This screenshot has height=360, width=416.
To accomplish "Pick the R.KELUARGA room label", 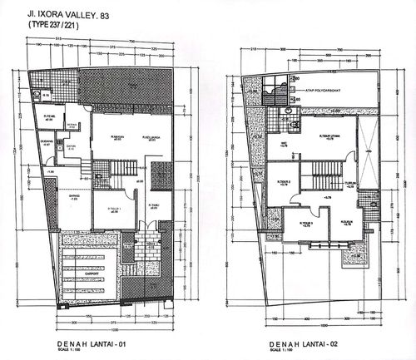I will click(x=151, y=137).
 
